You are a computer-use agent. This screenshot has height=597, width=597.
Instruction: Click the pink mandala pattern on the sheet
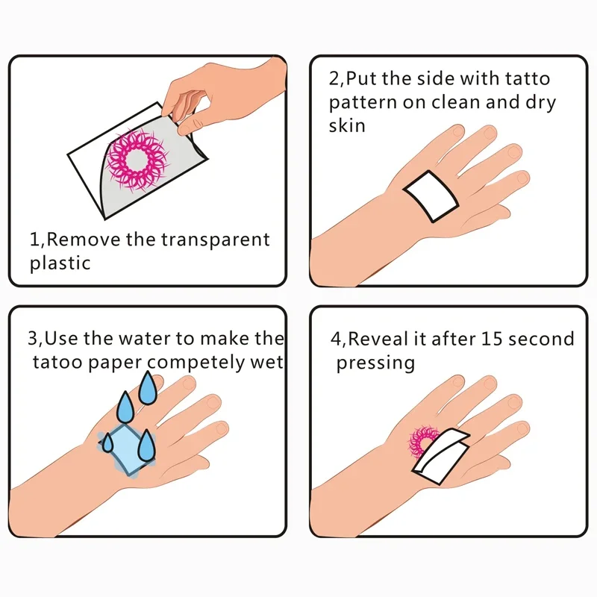coord(140,158)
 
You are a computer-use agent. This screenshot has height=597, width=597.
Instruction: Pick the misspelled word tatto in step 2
coord(527,79)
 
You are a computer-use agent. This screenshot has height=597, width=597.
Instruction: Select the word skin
coord(347,125)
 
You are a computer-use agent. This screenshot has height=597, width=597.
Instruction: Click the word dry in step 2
coord(540,103)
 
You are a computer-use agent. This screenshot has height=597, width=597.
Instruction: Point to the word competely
coord(199,363)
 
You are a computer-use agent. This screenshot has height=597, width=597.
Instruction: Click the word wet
coord(268,363)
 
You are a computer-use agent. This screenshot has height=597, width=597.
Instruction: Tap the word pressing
coord(375,363)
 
